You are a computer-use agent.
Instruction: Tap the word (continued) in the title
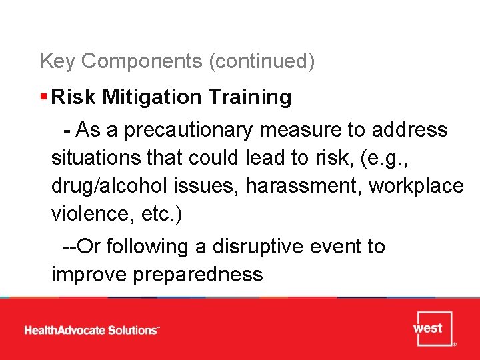click(262, 61)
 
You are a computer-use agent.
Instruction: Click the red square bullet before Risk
click(43, 97)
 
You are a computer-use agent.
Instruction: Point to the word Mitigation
click(153, 97)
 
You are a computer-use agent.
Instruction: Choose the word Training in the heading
click(250, 97)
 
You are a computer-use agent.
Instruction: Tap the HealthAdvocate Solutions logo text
click(92, 330)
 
